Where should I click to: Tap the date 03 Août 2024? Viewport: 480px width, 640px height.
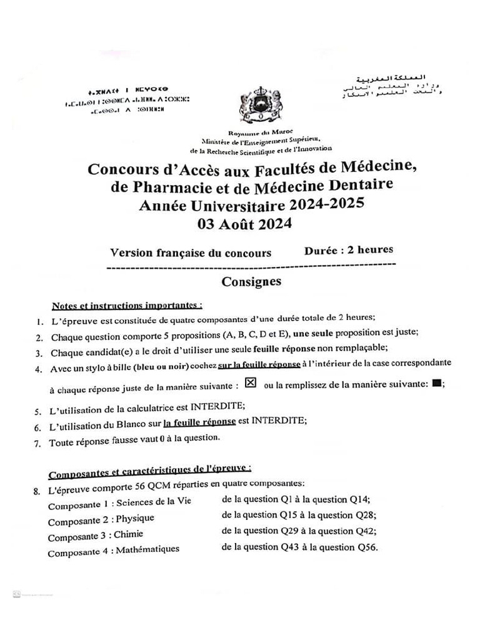[x=244, y=224]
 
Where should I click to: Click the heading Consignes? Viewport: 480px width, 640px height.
[x=251, y=281]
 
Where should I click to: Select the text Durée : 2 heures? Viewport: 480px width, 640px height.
[x=349, y=249]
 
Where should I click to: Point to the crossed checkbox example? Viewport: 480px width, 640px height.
[x=251, y=383]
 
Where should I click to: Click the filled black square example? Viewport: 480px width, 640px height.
[x=436, y=383]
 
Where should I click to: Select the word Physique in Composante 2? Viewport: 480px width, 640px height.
[x=135, y=518]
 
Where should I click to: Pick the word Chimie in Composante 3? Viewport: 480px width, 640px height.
[x=129, y=534]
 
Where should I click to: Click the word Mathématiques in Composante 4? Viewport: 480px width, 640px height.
[x=147, y=549]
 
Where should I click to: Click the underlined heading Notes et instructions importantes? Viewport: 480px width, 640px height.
[x=127, y=306]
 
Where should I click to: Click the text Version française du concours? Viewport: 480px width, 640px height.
[x=191, y=253]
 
